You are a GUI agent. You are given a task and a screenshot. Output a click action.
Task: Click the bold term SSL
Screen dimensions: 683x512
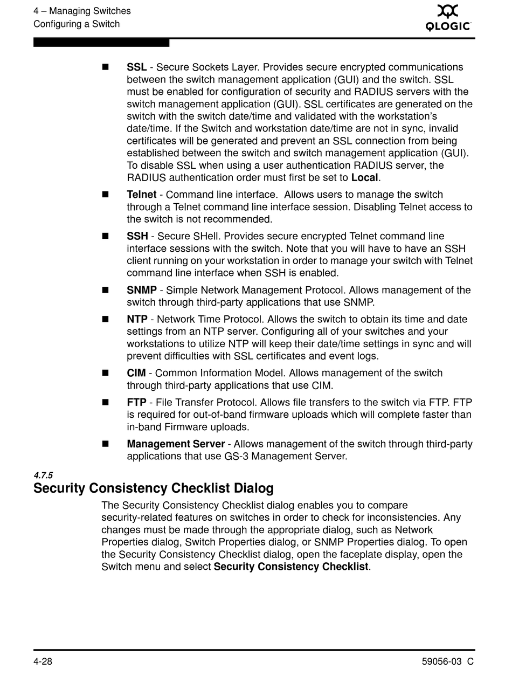click(137, 67)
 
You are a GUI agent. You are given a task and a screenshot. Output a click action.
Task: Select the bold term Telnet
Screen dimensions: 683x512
click(142, 195)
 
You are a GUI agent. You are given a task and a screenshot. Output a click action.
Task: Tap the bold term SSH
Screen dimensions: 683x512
click(137, 236)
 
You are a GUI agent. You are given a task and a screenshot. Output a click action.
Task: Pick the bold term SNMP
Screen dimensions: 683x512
click(142, 290)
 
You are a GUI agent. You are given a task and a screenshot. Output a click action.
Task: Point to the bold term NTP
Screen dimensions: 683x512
click(137, 319)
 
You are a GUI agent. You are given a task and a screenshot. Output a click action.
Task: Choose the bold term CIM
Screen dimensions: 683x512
click(136, 373)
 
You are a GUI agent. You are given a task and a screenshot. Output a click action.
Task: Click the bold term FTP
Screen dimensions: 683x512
click(136, 402)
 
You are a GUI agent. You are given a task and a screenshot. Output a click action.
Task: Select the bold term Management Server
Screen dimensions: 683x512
click(176, 444)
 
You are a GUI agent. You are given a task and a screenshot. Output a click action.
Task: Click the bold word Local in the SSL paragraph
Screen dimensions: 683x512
click(365, 178)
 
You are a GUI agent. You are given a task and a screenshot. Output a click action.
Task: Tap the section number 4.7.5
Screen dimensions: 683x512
click(43, 475)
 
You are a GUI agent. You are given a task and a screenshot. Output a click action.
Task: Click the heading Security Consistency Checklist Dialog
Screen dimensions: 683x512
click(154, 488)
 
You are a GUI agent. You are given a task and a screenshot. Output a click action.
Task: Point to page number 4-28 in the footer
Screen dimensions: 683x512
click(43, 662)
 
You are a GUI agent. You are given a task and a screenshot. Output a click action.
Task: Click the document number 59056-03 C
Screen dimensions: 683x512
click(447, 662)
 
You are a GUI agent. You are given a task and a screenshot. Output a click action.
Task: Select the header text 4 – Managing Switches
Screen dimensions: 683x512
click(82, 11)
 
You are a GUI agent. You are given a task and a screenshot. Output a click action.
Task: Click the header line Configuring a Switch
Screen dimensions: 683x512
click(77, 24)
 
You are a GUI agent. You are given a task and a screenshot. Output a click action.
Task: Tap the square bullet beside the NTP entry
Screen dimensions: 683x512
click(105, 319)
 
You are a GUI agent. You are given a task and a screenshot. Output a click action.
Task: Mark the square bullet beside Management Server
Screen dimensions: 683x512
click(105, 444)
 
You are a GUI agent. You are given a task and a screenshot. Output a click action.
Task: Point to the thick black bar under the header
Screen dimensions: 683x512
click(101, 43)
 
